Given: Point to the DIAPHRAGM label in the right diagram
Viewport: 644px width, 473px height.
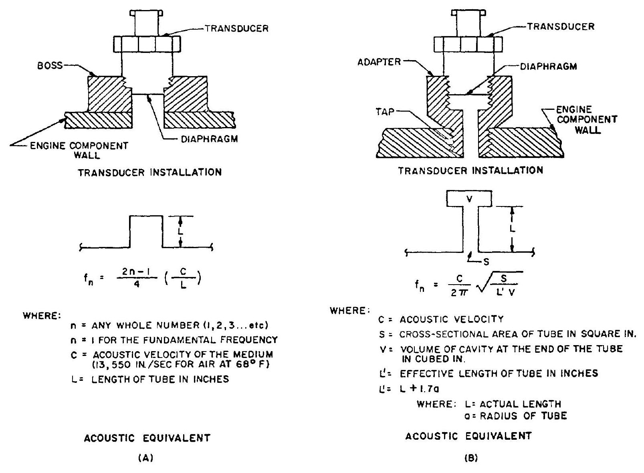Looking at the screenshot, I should [x=549, y=66].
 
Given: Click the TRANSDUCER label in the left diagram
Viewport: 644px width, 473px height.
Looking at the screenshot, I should [x=236, y=28].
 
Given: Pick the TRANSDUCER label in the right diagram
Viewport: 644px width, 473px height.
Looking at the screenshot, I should [x=561, y=26].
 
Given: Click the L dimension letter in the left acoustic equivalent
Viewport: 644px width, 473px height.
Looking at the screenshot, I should [x=180, y=232].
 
